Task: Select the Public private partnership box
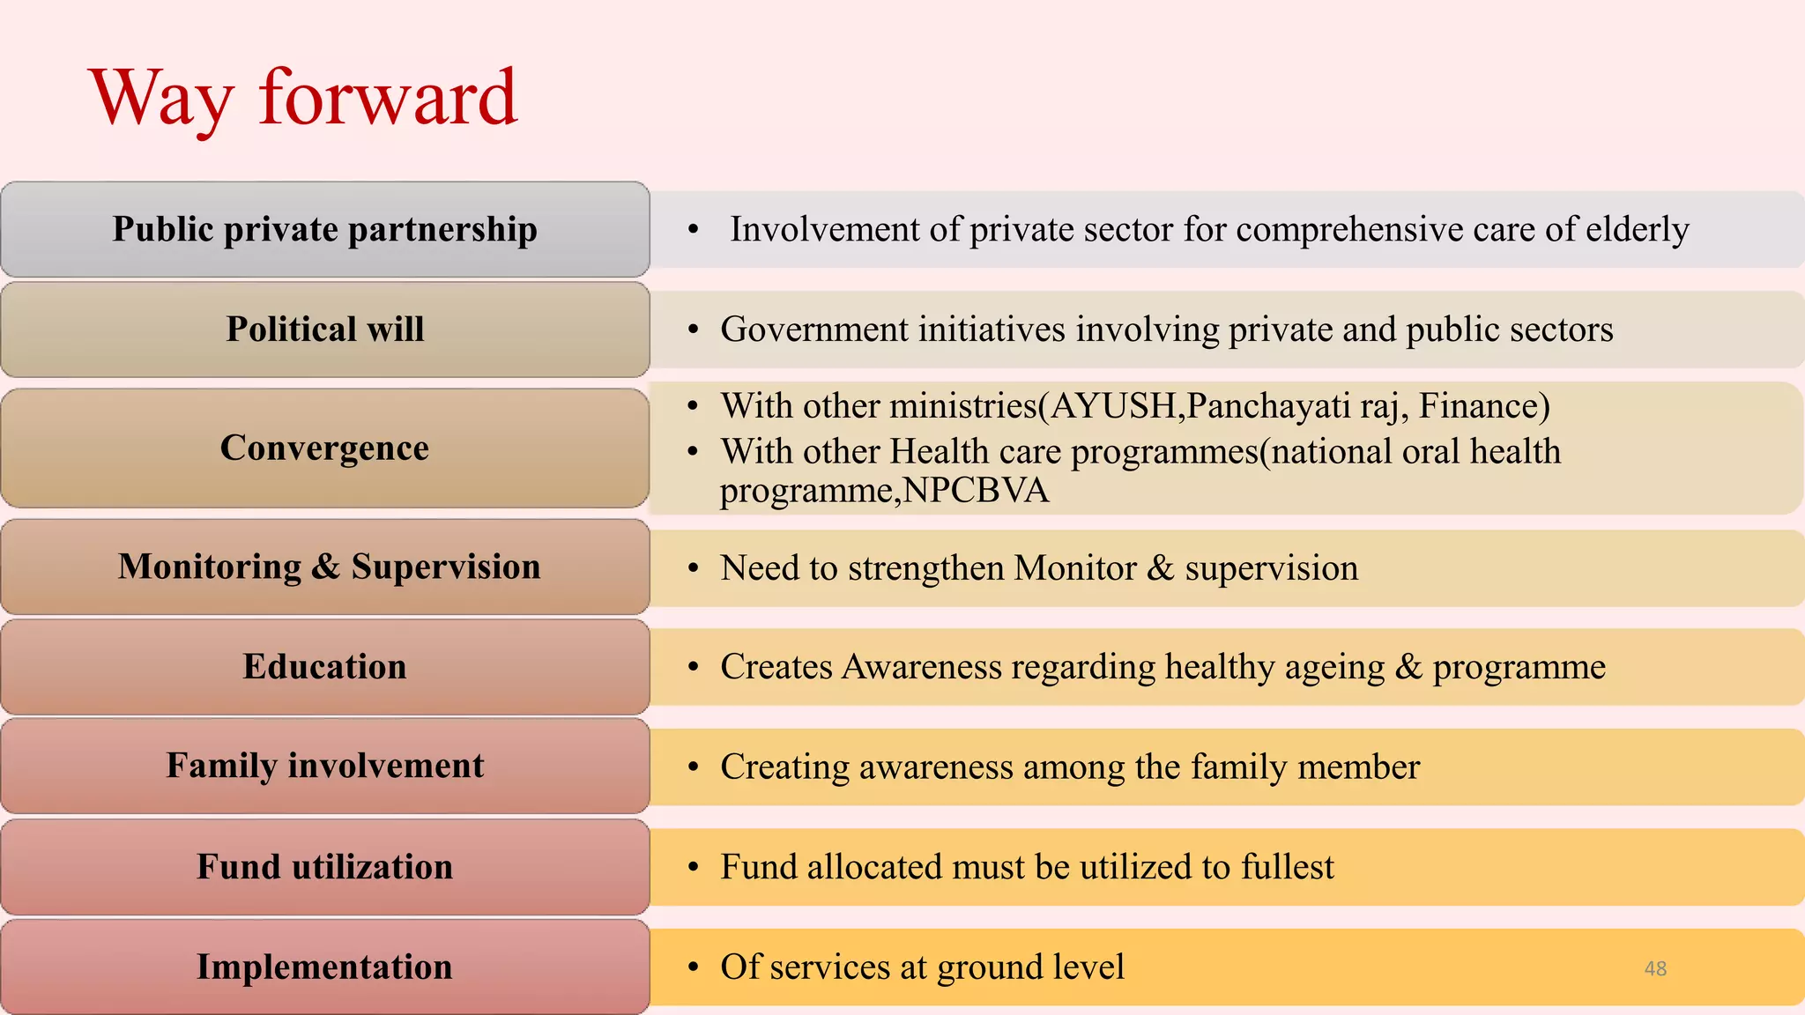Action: pyautogui.click(x=324, y=229)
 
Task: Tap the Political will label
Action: pyautogui.click(x=324, y=329)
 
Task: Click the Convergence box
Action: pyautogui.click(x=324, y=448)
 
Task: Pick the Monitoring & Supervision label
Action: pyautogui.click(x=329, y=567)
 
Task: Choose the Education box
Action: pyautogui.click(x=324, y=666)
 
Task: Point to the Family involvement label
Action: pyautogui.click(x=324, y=766)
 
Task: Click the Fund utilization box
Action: pyautogui.click(x=324, y=867)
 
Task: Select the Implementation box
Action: pyautogui.click(x=324, y=967)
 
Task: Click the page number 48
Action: pyautogui.click(x=1655, y=968)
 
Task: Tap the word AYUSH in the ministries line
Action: pyautogui.click(x=1113, y=406)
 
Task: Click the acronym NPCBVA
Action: pyautogui.click(x=976, y=491)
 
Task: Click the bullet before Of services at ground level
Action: pyautogui.click(x=694, y=967)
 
